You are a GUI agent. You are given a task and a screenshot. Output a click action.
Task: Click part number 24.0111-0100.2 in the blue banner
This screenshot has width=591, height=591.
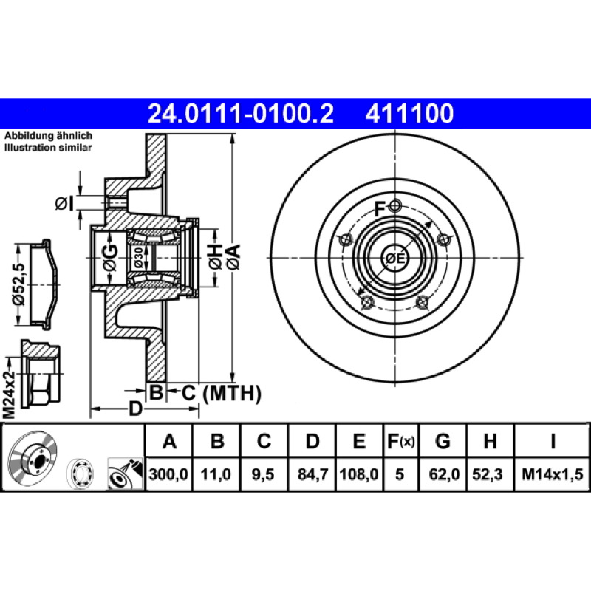pos(241,114)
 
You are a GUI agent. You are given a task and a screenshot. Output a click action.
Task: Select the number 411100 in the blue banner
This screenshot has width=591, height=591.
pos(409,114)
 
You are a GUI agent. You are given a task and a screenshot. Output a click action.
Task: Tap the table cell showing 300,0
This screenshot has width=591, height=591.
pos(168,474)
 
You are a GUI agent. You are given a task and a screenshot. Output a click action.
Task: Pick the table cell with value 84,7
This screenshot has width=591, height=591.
pos(312,474)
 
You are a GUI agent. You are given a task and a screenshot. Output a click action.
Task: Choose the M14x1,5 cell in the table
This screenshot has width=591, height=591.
pos(552,474)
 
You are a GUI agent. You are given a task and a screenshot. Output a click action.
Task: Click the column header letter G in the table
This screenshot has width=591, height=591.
pos(443,441)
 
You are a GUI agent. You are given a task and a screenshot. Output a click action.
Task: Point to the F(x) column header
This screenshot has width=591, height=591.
pos(401,441)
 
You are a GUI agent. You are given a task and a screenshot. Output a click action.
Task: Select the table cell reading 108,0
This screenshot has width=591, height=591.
pos(359,474)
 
